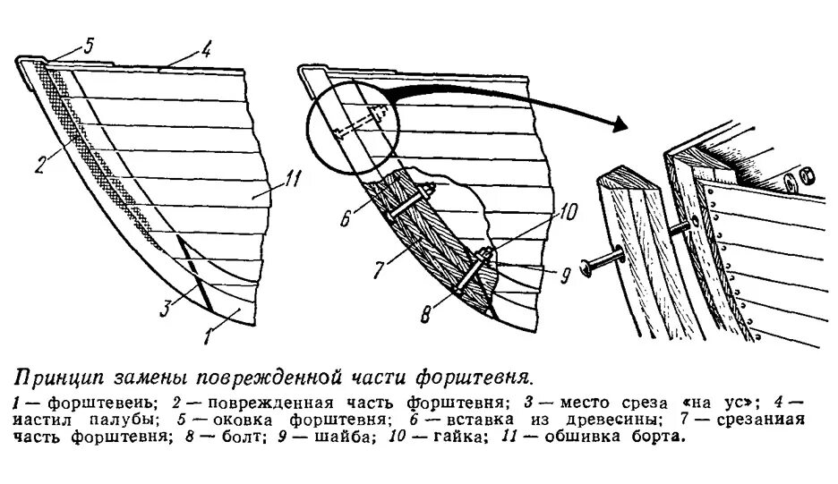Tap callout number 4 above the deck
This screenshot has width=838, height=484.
(206, 50)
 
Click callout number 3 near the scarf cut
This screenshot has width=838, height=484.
(165, 308)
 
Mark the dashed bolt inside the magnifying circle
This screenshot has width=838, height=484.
(358, 120)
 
